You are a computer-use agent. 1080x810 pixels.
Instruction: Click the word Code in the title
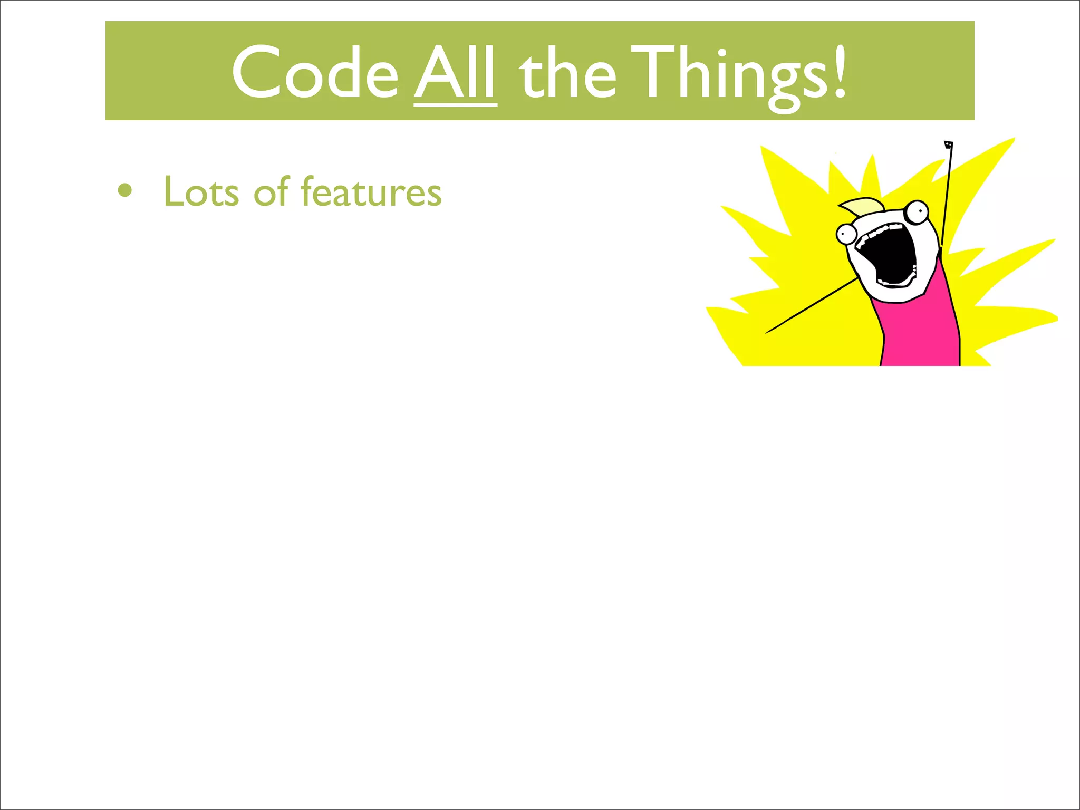[315, 72]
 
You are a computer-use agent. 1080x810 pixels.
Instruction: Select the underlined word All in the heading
[455, 72]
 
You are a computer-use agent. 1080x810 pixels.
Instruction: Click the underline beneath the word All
[455, 105]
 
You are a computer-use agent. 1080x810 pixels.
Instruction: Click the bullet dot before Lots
[125, 191]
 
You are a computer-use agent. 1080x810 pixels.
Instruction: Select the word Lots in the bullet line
[201, 191]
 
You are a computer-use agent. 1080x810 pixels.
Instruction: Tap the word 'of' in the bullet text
[271, 191]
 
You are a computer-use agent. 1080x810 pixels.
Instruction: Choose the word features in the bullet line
[371, 191]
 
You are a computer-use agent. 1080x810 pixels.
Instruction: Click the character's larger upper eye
[918, 212]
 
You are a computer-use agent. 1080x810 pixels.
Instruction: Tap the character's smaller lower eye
[846, 233]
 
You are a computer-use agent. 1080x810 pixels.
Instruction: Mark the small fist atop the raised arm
[949, 144]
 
